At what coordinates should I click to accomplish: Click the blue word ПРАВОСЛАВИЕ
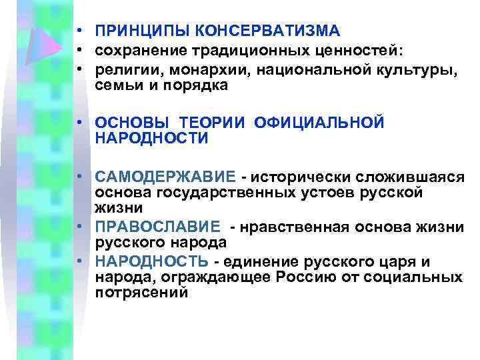(x=157, y=227)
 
